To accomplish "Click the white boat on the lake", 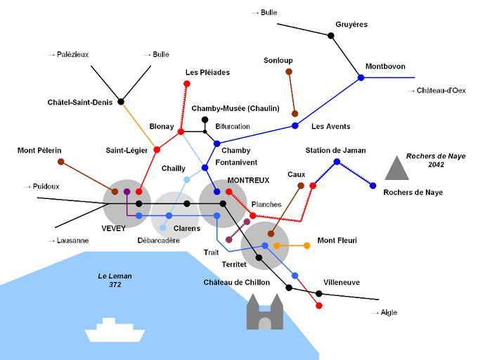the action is click(115, 330).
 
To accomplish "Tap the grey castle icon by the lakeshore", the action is click(265, 312).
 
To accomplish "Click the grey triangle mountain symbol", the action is click(397, 168).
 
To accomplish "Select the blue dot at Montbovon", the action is click(361, 77).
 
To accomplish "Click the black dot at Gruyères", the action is click(331, 36).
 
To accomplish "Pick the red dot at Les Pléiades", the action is click(187, 84).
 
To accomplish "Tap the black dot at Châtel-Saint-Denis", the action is click(121, 102).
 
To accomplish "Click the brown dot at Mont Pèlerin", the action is click(61, 162).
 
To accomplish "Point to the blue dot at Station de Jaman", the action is click(337, 162).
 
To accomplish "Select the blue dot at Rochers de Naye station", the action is click(373, 186).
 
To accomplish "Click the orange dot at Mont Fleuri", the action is click(306, 245).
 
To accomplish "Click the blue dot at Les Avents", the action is click(294, 126).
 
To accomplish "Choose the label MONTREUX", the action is click(248, 181).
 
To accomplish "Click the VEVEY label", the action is click(114, 229).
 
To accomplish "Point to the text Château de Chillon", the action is click(237, 283).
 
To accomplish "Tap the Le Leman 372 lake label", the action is click(115, 280).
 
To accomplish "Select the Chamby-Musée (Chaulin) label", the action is click(235, 108).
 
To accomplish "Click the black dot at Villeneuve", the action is click(318, 293).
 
